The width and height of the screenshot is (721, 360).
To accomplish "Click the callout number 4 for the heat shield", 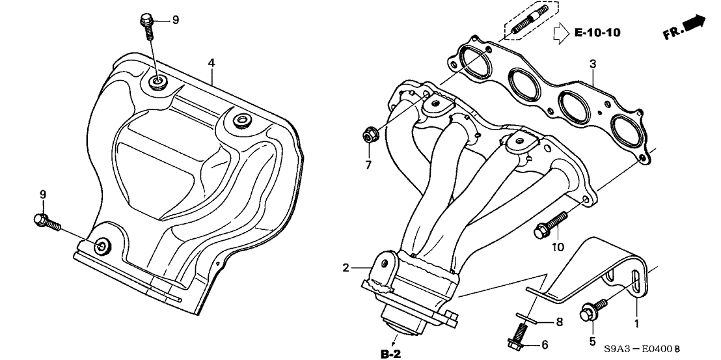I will coord(211,62).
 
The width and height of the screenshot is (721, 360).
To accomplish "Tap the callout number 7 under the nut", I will coord(368,165).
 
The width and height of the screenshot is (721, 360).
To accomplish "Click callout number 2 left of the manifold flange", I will coord(346,267).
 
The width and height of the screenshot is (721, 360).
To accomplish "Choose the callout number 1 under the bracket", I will coord(636,322).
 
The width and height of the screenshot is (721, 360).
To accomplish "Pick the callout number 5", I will coord(592,340).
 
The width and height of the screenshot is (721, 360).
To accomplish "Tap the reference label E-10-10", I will coord(598,31).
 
